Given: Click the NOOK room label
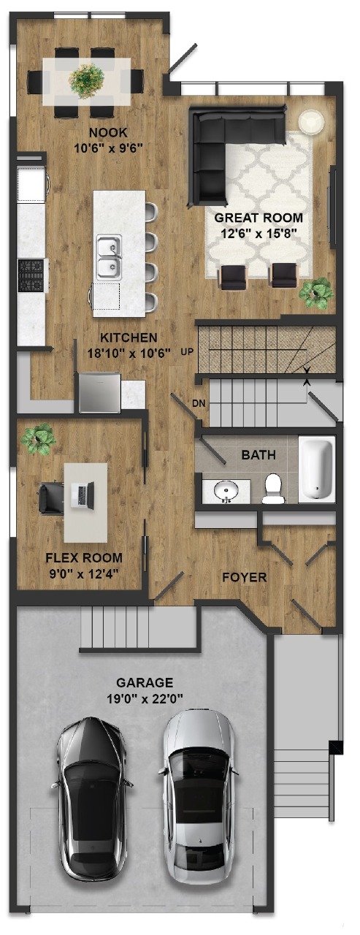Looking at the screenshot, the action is tap(109, 133).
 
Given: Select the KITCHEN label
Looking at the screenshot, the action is tap(129, 337).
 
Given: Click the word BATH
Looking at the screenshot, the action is tap(258, 454).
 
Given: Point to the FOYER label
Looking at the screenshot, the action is tap(245, 577).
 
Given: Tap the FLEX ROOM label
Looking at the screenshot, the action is tap(84, 557).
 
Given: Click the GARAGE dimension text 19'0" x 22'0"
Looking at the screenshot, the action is tap(145, 698).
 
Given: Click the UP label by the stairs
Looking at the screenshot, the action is tap(187, 352).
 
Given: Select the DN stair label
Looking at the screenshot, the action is tap(198, 403).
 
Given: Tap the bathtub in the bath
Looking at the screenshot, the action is tap(318, 469).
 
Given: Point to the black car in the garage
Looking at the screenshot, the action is tap(91, 798).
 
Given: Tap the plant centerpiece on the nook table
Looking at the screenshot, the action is tap(87, 80).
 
